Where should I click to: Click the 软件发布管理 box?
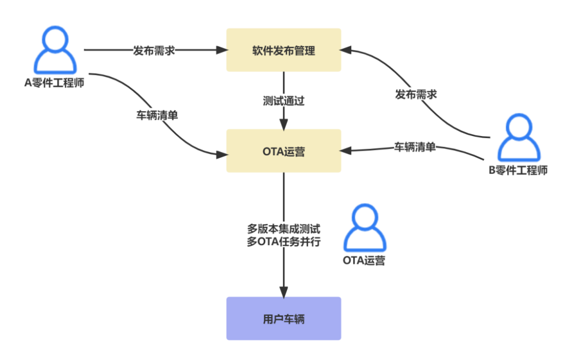[283, 50]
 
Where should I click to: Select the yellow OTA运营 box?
[283, 151]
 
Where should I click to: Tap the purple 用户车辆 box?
[283, 319]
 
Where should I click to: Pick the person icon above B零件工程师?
[518, 138]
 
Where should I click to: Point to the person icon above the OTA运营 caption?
[363, 228]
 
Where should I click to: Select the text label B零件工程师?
[518, 170]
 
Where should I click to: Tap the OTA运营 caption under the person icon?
[363, 260]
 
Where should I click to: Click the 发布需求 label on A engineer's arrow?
[154, 50]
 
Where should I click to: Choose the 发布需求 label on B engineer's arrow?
[416, 95]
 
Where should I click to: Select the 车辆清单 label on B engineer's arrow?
[415, 147]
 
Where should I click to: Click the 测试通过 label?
[283, 101]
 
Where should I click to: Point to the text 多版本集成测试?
[283, 230]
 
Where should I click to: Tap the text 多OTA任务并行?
[283, 243]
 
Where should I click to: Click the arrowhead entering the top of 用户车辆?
[283, 292]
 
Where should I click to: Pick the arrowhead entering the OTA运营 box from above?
[283, 125]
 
